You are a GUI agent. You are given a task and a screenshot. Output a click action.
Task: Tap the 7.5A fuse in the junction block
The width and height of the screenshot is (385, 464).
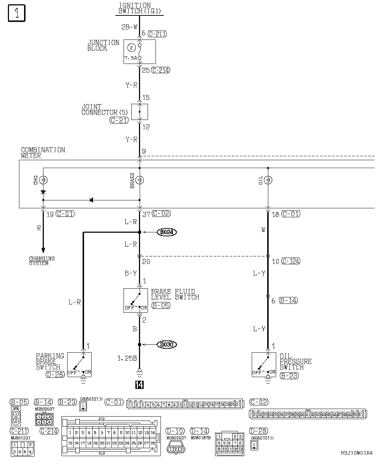[x=140, y=51]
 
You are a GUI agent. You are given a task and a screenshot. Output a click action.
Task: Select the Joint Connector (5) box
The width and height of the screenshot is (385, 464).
[x=140, y=112]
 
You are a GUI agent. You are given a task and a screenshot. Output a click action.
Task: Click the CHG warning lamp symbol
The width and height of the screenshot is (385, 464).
[x=43, y=180]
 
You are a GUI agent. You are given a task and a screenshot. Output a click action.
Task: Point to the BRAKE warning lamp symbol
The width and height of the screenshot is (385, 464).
[x=140, y=180]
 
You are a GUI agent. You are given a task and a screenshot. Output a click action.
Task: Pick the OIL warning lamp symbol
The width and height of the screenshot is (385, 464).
[x=268, y=180]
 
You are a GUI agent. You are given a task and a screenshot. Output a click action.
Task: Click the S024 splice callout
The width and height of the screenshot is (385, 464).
[x=167, y=232]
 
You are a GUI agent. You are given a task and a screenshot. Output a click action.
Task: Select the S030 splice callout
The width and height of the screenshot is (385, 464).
[x=167, y=345]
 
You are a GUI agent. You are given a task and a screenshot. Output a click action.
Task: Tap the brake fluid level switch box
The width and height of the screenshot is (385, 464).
[x=136, y=300]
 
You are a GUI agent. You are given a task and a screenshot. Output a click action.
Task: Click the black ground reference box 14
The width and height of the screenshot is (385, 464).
[x=139, y=385]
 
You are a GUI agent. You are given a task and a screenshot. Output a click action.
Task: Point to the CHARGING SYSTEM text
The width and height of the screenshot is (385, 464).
[x=42, y=261]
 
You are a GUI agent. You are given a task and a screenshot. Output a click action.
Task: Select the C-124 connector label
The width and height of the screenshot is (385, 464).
[x=291, y=261]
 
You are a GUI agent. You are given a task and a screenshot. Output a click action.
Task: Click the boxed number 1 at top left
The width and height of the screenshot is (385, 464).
[x=17, y=14]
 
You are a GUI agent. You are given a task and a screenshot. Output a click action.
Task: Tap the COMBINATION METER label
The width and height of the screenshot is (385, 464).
[x=43, y=153]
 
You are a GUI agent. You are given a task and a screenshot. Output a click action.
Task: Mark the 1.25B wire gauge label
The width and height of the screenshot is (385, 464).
[x=127, y=358]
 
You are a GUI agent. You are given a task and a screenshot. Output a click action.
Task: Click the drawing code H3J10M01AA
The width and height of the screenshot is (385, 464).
[x=357, y=453]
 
